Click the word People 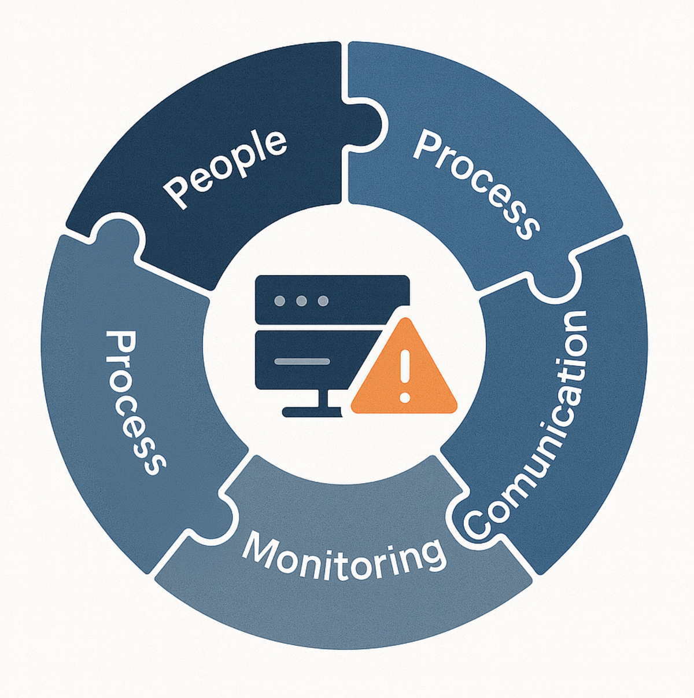click(226, 168)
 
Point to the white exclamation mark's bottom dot click(405, 398)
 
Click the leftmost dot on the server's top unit click(279, 301)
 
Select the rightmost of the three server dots click(323, 301)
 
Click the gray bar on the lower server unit click(301, 362)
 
